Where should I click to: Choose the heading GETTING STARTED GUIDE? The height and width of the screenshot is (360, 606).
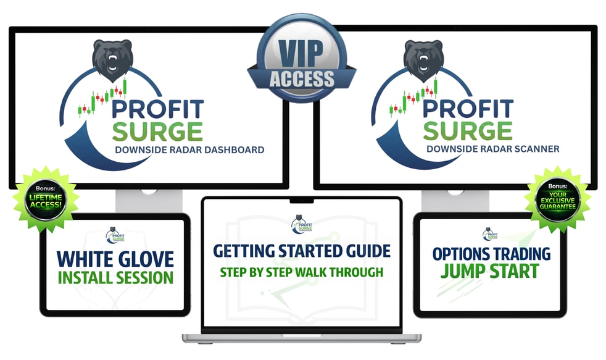pyautogui.click(x=302, y=251)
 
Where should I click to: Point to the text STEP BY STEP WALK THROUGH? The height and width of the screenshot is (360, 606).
pyautogui.click(x=302, y=272)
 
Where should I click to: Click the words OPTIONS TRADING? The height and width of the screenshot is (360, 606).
pyautogui.click(x=490, y=254)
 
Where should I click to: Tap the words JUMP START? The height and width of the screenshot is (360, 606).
pyautogui.click(x=490, y=271)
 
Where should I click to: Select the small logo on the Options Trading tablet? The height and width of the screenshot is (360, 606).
pyautogui.click(x=490, y=233)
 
